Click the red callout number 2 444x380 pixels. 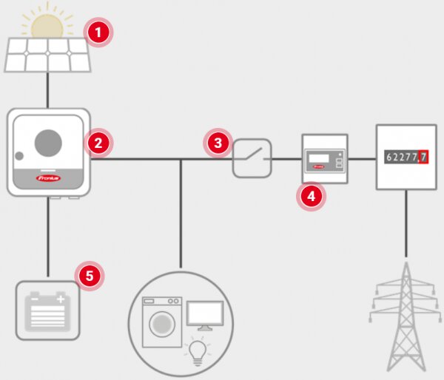click(98, 142)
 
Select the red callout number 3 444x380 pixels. click(218, 143)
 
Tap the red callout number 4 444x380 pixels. click(311, 197)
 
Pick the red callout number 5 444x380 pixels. click(90, 276)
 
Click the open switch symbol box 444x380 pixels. click(252, 157)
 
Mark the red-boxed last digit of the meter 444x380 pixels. click(423, 157)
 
